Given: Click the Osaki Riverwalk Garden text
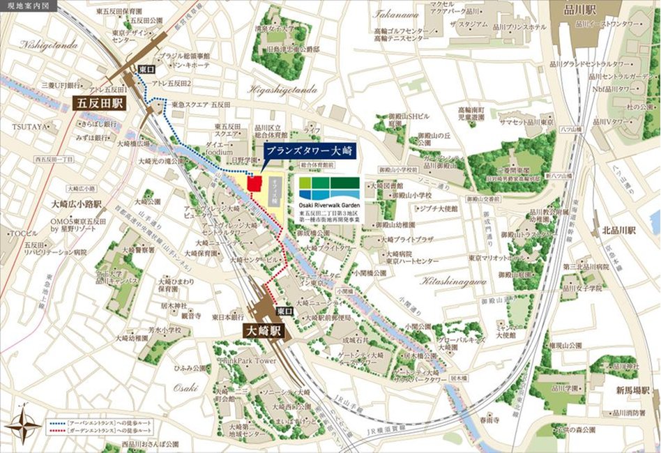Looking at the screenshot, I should pos(328,206).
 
